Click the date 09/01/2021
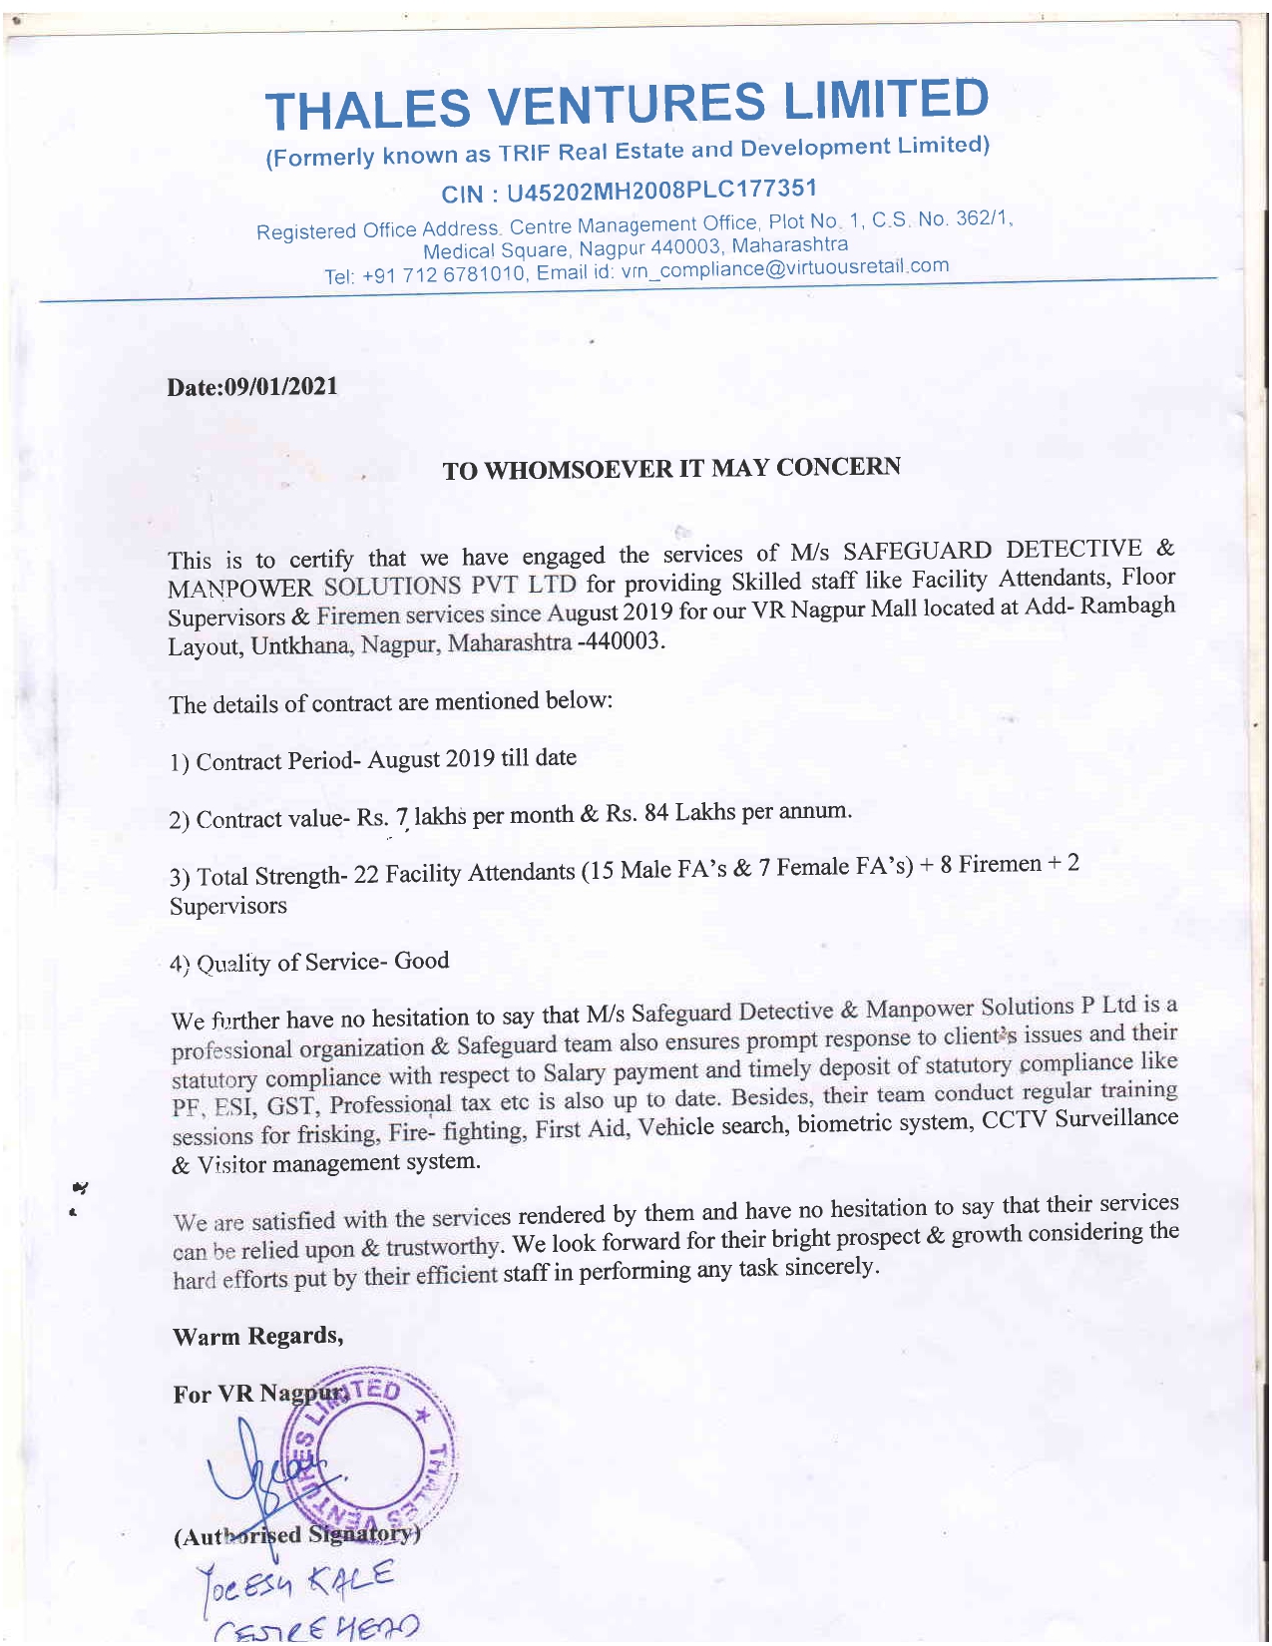point(282,386)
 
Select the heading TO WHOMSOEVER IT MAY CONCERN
point(671,468)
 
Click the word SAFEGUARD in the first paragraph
point(917,551)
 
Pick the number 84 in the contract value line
point(655,812)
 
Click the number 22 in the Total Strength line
point(366,875)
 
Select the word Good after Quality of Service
point(421,961)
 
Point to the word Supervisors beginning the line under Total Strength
point(227,906)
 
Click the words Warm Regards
point(257,1336)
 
